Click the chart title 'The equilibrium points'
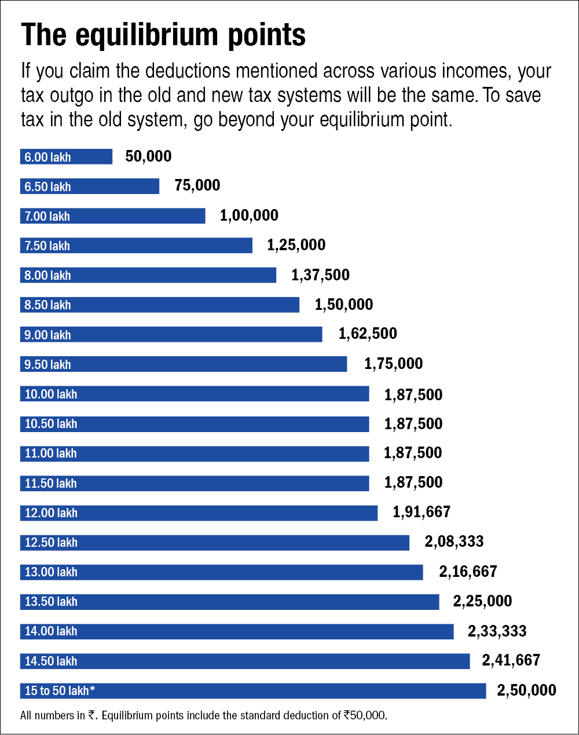click(x=163, y=36)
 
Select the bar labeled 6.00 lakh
click(x=66, y=157)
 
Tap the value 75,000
click(x=197, y=186)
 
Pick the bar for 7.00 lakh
click(x=112, y=216)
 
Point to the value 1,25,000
click(x=296, y=245)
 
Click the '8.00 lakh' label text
click(x=47, y=276)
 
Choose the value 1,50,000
click(x=343, y=305)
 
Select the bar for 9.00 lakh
click(x=171, y=335)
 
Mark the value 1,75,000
click(x=393, y=364)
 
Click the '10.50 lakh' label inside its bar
click(x=51, y=424)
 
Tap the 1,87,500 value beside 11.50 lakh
click(x=413, y=482)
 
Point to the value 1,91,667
click(x=421, y=512)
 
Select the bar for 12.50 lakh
click(x=214, y=543)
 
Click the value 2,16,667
click(x=468, y=572)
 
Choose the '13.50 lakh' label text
click(x=51, y=602)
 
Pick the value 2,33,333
click(x=497, y=631)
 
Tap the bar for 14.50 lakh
click(x=244, y=661)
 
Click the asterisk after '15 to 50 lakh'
click(x=92, y=689)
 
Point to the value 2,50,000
click(x=526, y=690)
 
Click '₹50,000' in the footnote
click(x=364, y=715)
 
